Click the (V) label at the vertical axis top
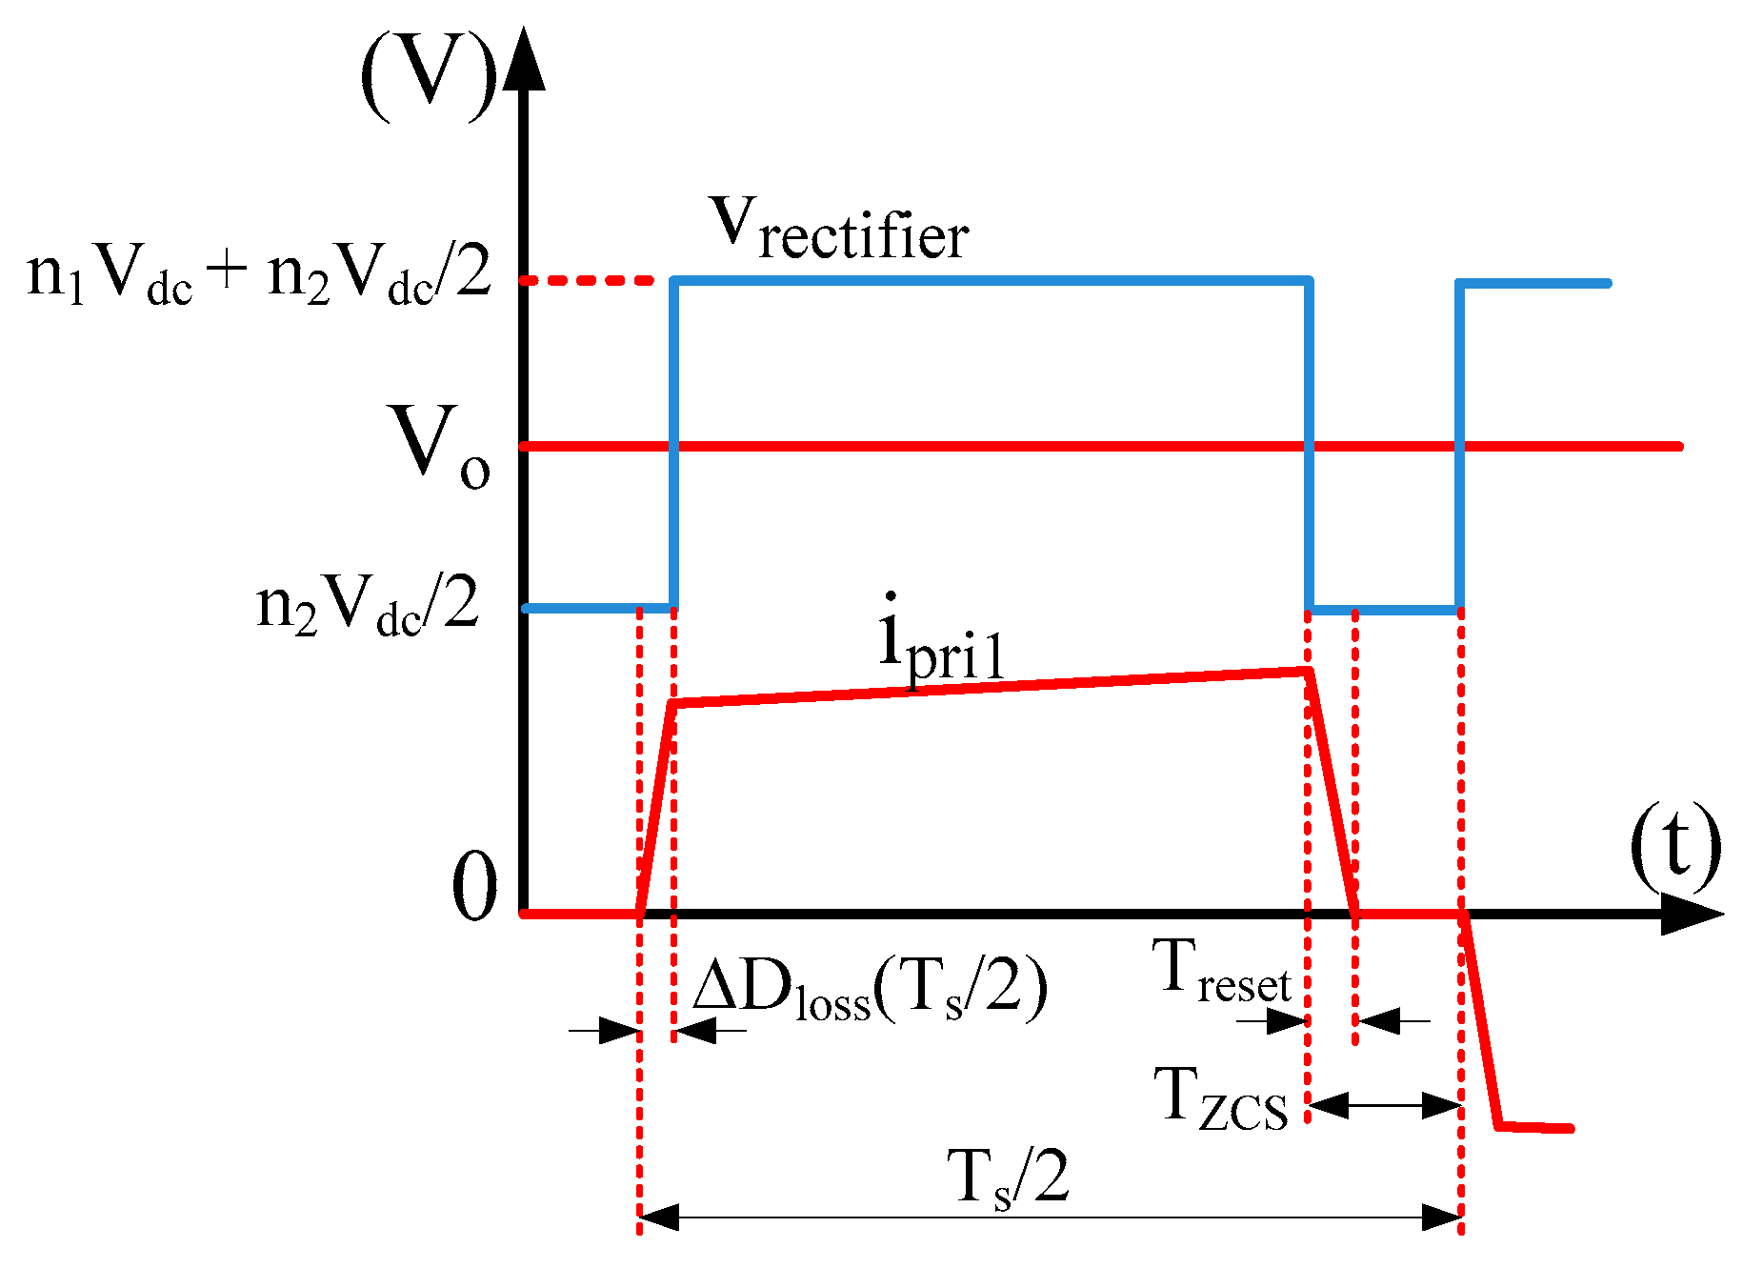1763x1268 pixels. (x=429, y=76)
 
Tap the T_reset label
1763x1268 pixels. (x=1225, y=971)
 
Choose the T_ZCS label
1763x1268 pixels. (x=1221, y=1099)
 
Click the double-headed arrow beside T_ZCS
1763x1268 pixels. (x=1385, y=1105)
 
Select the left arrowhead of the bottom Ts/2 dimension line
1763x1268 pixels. (x=657, y=1217)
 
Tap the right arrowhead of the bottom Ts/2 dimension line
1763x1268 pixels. (x=1443, y=1217)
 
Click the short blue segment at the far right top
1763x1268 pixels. (x=1533, y=283)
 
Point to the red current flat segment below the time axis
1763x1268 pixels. (x=1536, y=1128)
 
